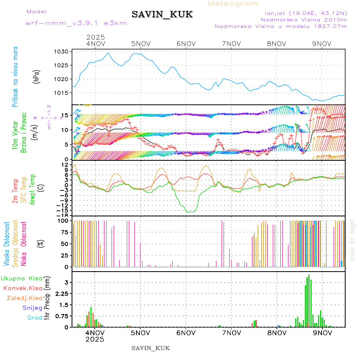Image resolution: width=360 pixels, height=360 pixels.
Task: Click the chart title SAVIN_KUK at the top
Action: [x=162, y=15]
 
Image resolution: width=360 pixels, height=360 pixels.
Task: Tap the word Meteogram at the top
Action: [x=233, y=4]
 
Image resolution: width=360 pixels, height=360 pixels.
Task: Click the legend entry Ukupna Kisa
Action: [x=22, y=278]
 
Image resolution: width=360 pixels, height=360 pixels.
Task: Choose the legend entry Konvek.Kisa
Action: [x=22, y=288]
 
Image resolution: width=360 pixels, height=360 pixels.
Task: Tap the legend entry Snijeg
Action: [x=32, y=308]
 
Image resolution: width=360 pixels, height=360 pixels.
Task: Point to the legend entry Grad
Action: [x=35, y=318]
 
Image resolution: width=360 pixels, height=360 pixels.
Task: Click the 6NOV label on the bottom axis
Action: [x=186, y=332]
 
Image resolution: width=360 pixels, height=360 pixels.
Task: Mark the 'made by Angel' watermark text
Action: [x=352, y=240]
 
